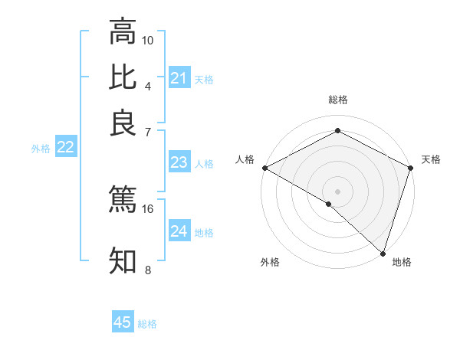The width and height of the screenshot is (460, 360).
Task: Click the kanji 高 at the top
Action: tap(123, 31)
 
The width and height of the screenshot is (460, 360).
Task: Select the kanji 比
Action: tap(123, 77)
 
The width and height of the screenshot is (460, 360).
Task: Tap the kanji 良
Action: tap(123, 123)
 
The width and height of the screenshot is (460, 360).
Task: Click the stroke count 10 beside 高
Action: tap(148, 40)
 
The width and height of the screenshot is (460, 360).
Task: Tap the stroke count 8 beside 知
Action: tap(148, 270)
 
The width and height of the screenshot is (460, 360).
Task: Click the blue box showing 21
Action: tap(179, 78)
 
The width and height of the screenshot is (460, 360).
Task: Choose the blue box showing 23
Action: tap(179, 162)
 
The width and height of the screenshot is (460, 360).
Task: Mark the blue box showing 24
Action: tap(179, 231)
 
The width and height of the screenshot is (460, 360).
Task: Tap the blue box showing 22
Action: tap(65, 148)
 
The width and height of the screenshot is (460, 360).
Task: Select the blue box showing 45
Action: tap(123, 322)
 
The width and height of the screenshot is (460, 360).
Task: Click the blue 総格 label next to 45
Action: tap(147, 324)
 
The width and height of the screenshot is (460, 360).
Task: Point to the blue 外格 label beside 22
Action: tap(41, 149)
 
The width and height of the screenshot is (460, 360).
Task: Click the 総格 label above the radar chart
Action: tap(337, 100)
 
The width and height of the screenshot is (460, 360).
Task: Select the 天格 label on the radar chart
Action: tap(431, 159)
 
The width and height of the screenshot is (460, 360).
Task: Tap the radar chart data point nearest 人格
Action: tap(264, 168)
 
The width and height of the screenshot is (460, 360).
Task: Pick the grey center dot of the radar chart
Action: tap(337, 191)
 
